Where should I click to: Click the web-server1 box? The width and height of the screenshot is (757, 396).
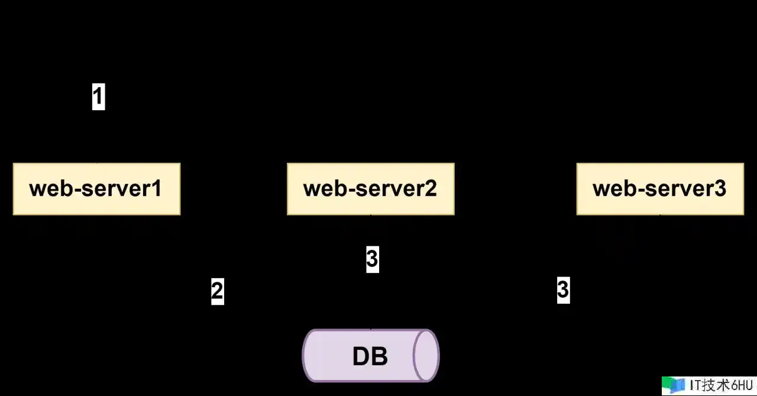click(96, 189)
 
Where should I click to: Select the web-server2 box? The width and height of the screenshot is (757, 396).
click(371, 189)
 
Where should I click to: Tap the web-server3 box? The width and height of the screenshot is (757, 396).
click(661, 189)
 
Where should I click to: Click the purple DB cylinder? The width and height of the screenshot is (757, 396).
click(371, 356)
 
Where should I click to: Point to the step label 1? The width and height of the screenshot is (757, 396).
click(99, 96)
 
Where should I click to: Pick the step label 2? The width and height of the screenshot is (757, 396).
click(218, 291)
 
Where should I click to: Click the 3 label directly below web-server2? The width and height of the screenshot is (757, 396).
click(373, 259)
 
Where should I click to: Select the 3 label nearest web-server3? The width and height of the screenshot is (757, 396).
click(564, 290)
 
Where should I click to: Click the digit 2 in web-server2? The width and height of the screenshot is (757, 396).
click(431, 188)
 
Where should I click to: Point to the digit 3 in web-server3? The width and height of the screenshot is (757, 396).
click(720, 188)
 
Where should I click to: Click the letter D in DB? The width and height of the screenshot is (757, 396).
click(361, 356)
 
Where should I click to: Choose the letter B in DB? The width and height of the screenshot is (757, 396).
click(380, 356)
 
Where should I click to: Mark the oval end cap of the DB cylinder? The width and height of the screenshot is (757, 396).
click(426, 356)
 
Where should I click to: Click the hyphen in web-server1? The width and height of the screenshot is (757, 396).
click(77, 191)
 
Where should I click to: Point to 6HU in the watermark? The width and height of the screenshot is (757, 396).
click(742, 385)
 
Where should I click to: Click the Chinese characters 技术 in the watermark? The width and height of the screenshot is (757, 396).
click(717, 385)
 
